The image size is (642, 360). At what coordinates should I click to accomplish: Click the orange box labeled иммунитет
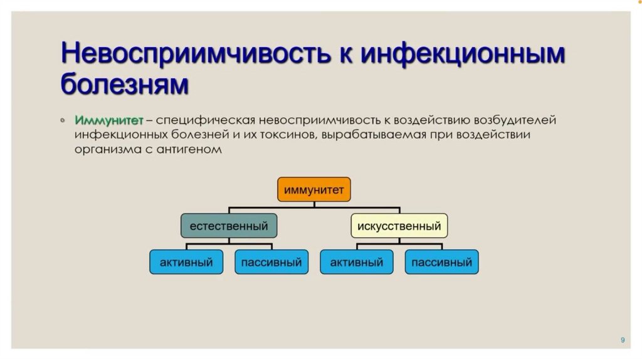point(313,190)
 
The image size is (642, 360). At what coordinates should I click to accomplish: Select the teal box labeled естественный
point(229,226)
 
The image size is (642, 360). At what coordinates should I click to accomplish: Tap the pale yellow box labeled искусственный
point(399,226)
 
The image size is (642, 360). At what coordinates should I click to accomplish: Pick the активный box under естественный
point(186,262)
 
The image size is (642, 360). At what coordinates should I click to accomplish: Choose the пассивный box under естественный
point(271,262)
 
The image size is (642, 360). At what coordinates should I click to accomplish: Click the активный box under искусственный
point(357,262)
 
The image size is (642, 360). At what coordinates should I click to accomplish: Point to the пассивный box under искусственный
point(442,262)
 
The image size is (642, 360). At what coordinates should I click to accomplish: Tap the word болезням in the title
point(124,83)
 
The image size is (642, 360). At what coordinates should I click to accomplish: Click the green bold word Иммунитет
point(109,120)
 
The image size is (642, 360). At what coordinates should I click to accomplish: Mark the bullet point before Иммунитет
point(63,120)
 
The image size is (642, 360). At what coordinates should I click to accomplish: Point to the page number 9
point(623,339)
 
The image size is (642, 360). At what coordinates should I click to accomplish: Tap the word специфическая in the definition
point(201,120)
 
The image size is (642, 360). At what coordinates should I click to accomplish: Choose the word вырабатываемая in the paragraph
point(377,135)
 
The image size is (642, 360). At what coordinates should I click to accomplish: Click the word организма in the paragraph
point(103,150)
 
